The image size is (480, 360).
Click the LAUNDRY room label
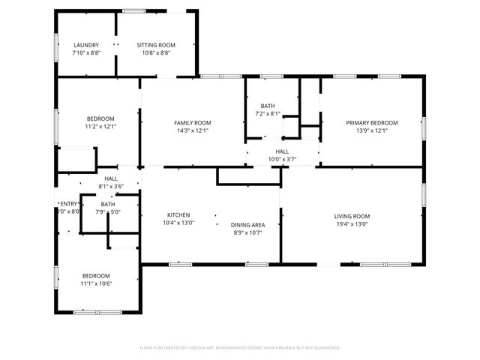click(x=85, y=45)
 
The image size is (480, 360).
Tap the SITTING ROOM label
click(x=155, y=45)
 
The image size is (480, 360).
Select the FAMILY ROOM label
click(x=192, y=122)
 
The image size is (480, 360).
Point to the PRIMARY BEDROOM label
click(x=370, y=122)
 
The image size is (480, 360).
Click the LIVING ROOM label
click(x=352, y=216)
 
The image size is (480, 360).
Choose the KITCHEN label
click(x=178, y=214)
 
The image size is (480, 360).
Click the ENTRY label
click(x=69, y=204)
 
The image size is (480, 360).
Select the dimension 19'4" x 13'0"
click(x=352, y=224)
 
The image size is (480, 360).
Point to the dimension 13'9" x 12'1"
click(x=370, y=130)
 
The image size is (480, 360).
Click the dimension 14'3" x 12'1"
click(x=192, y=130)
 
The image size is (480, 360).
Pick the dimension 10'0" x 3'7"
click(x=282, y=159)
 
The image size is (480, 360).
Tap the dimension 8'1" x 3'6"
click(x=111, y=186)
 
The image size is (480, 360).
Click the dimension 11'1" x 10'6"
click(x=96, y=283)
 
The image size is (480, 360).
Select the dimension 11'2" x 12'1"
click(x=100, y=127)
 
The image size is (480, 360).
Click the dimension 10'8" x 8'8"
click(x=155, y=53)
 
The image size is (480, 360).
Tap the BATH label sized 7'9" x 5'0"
click(x=108, y=204)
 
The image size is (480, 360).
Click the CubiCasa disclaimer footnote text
click(x=240, y=348)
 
